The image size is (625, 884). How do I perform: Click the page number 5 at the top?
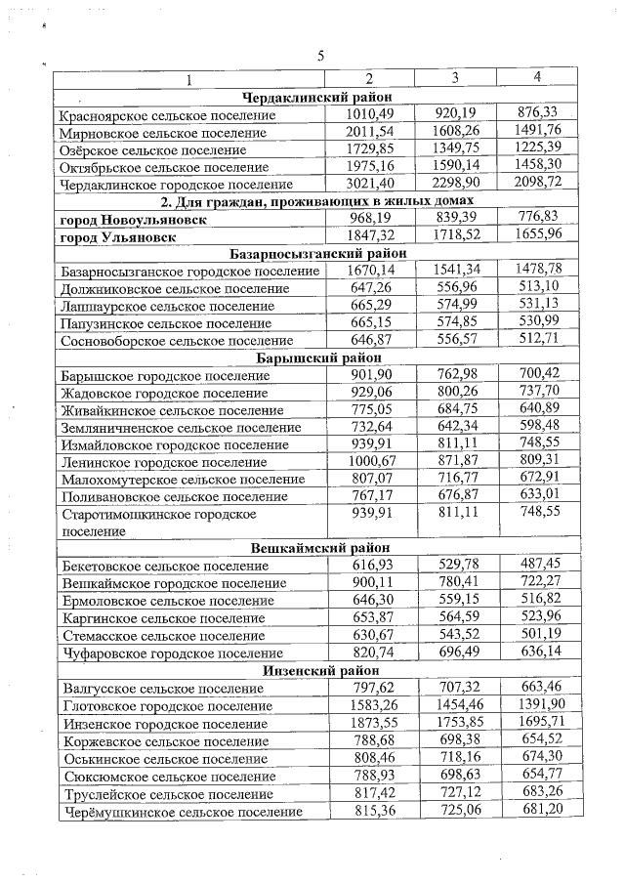click(319, 56)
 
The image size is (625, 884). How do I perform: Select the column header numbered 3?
click(455, 78)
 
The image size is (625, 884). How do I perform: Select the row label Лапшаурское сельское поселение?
click(162, 306)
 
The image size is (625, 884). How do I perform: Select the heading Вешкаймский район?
click(319, 548)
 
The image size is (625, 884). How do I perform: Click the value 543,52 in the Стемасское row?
click(455, 635)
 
